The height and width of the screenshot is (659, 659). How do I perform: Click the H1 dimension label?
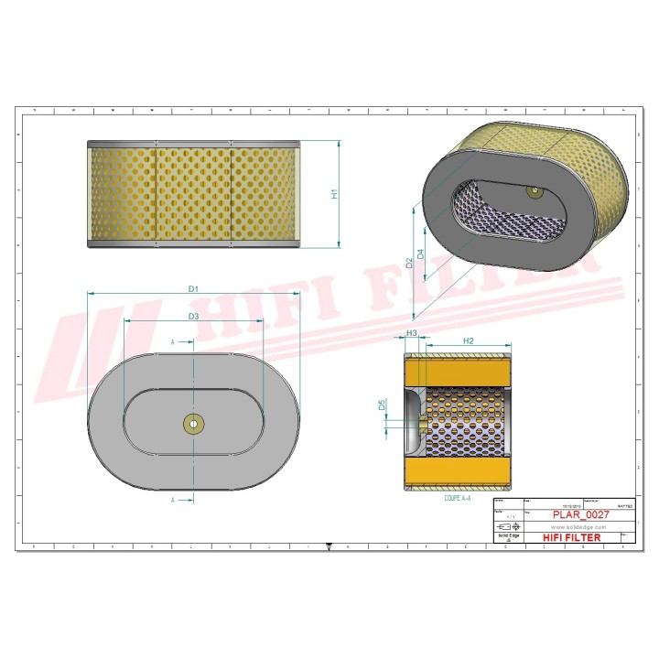(335, 194)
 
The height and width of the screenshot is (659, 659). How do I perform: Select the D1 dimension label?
(193, 288)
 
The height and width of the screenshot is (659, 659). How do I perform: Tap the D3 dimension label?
(193, 317)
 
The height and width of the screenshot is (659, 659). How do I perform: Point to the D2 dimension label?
(409, 263)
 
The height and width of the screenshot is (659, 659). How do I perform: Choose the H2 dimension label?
(468, 340)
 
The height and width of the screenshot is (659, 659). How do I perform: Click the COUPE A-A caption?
(456, 499)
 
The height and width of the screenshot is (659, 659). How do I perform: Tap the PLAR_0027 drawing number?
(578, 515)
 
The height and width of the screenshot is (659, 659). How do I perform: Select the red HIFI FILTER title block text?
(572, 538)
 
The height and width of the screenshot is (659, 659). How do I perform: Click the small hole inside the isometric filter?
(533, 190)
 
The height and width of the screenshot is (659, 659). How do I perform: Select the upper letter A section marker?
(173, 341)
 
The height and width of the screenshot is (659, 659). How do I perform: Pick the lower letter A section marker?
(173, 501)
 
